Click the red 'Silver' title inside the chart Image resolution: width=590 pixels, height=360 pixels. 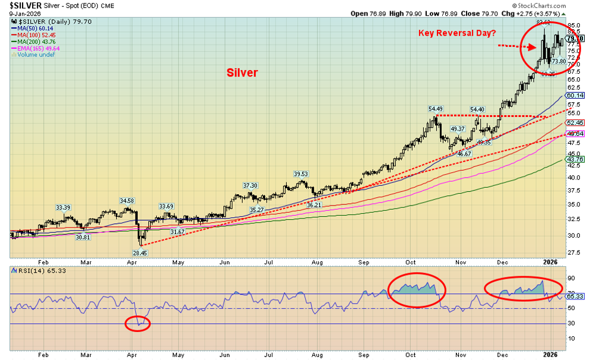tap(242, 72)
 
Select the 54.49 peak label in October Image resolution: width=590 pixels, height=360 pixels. tap(436, 109)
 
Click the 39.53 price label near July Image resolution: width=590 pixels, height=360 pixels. tap(302, 173)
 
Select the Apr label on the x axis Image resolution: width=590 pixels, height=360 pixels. tap(132, 262)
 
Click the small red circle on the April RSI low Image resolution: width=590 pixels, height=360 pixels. tap(138, 324)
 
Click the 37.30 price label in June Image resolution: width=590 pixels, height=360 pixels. tap(250, 186)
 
